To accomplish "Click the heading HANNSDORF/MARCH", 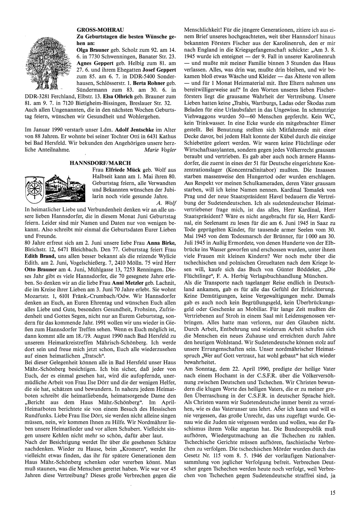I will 100,163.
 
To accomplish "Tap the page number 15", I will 332,493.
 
